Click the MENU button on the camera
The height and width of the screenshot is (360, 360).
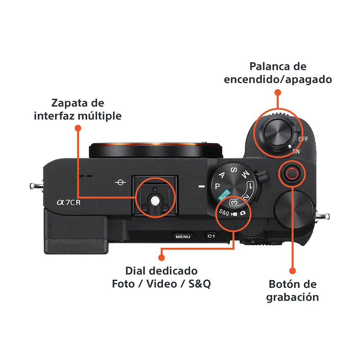(x=183, y=237)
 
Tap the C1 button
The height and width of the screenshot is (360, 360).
(x=211, y=236)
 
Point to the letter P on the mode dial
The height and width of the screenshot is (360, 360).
(x=217, y=186)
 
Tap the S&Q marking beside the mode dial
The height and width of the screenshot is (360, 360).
(x=224, y=213)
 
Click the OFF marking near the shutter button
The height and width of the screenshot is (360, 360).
(x=303, y=139)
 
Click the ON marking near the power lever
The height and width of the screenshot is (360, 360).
(x=296, y=152)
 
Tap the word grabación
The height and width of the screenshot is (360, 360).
(x=292, y=297)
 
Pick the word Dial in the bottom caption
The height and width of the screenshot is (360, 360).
(x=137, y=271)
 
